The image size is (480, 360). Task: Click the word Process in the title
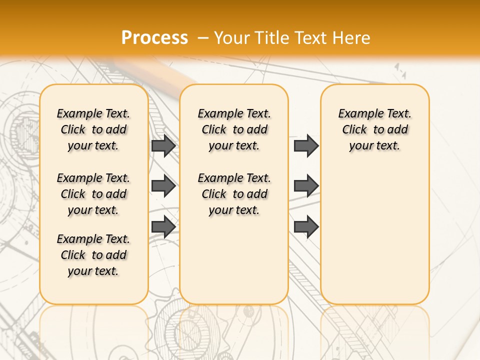coord(154,37)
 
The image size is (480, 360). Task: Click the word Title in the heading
coord(273,37)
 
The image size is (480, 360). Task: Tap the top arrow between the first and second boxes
coord(163,146)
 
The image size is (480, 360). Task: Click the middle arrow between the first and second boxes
coord(163,186)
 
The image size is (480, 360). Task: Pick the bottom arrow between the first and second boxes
coord(163,226)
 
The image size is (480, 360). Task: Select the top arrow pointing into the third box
coord(306,146)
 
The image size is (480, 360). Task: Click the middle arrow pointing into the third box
coord(306,186)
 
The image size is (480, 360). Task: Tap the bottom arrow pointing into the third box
coord(306,226)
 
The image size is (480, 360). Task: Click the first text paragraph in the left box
coord(93,129)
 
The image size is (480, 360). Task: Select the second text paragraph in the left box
coord(93,194)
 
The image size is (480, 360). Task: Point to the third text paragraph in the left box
coord(93,255)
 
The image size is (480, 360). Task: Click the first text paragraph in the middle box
coord(234,129)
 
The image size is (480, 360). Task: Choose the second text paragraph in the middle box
coord(234,194)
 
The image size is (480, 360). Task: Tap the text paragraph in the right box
coord(374,129)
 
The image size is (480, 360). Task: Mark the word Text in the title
coord(309,37)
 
